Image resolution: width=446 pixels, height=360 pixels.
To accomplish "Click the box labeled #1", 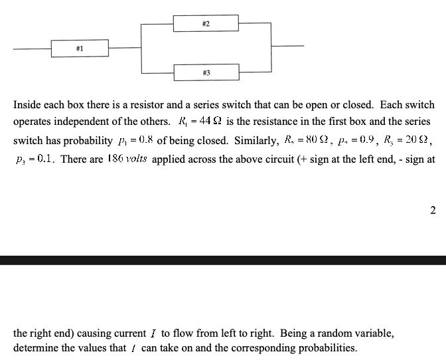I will pos(78,48).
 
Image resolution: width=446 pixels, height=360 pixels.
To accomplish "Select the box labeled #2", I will pos(206,25).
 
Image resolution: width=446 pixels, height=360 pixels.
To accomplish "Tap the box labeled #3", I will pos(206,71).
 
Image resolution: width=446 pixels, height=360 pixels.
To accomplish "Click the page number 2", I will pos(432,211).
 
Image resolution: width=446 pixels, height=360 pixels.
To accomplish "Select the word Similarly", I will pos(256,141).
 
